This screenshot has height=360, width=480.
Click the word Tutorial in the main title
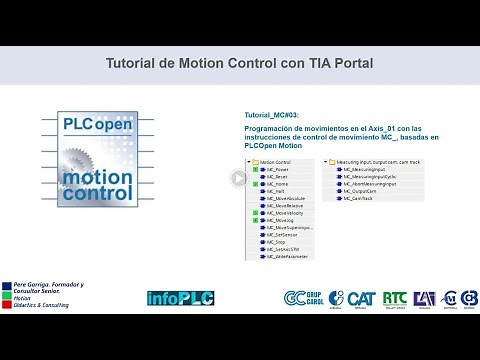(x=133, y=63)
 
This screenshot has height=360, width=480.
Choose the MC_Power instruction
(x=276, y=169)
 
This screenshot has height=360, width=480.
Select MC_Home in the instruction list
(x=276, y=185)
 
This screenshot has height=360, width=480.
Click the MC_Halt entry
(x=274, y=193)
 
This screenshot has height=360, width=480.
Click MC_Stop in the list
(x=275, y=241)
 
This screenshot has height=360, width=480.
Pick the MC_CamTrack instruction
(x=352, y=201)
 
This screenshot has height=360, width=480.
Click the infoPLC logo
(x=176, y=297)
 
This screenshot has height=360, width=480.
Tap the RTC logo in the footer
(x=394, y=297)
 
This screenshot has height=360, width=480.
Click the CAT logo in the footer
(x=359, y=297)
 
